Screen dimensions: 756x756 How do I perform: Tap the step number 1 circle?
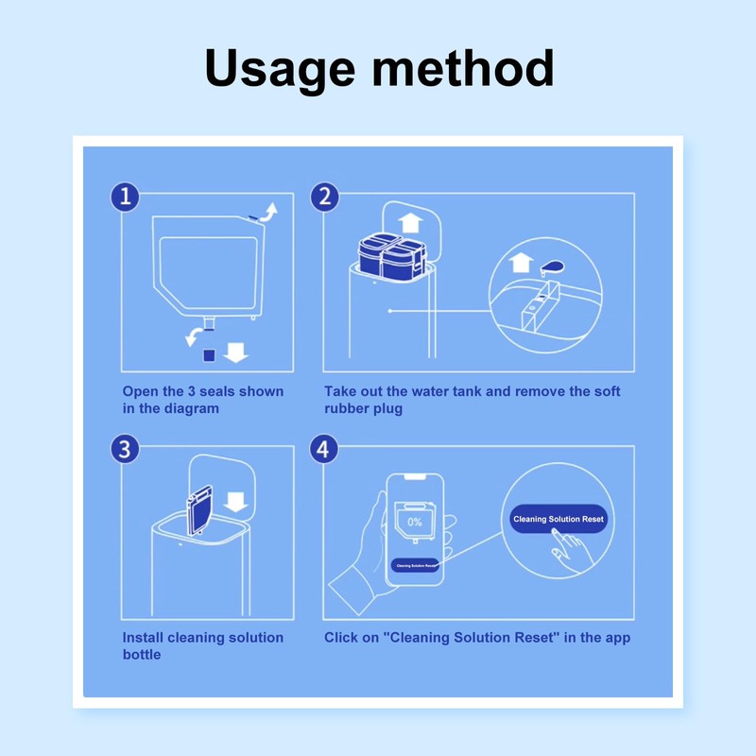pyautogui.click(x=125, y=198)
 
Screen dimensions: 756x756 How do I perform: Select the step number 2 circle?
pyautogui.click(x=325, y=198)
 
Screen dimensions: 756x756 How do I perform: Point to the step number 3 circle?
pyautogui.click(x=125, y=449)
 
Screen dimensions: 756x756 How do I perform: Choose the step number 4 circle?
pyautogui.click(x=325, y=449)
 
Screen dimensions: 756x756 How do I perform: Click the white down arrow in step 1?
pyautogui.click(x=236, y=352)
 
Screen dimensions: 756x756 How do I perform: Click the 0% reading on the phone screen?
pyautogui.click(x=414, y=522)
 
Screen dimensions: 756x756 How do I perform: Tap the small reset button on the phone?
pyautogui.click(x=416, y=565)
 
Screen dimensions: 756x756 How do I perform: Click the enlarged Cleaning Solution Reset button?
pyautogui.click(x=558, y=519)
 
